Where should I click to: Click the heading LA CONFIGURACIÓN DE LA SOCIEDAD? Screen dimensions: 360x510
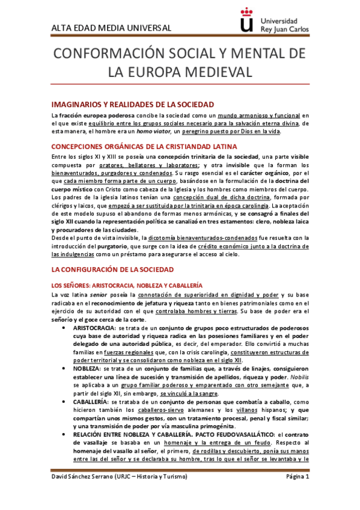pos(112,270)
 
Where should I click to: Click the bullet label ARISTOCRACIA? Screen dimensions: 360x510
pos(95,328)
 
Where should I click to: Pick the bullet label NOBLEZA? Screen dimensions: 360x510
pos(88,367)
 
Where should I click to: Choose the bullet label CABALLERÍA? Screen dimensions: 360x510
pos(91,401)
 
